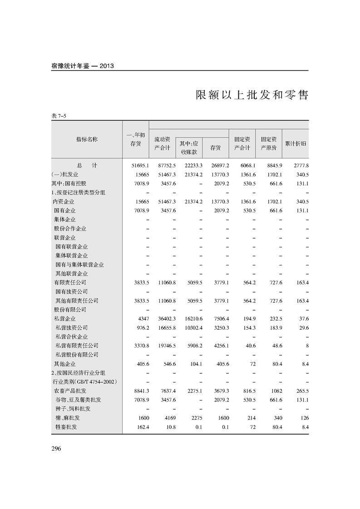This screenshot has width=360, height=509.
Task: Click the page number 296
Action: (x=56, y=449)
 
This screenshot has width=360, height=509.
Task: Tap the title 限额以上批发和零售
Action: (x=252, y=95)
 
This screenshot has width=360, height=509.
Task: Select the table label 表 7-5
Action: (x=59, y=116)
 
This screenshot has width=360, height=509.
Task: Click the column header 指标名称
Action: (x=87, y=139)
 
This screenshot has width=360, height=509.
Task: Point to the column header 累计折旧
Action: (x=296, y=143)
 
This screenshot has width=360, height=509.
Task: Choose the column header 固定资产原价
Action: (x=269, y=143)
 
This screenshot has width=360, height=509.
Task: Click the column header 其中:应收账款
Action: (x=189, y=147)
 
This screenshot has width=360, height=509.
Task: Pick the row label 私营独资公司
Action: (x=71, y=328)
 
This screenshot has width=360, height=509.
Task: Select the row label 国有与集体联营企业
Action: (x=79, y=264)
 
